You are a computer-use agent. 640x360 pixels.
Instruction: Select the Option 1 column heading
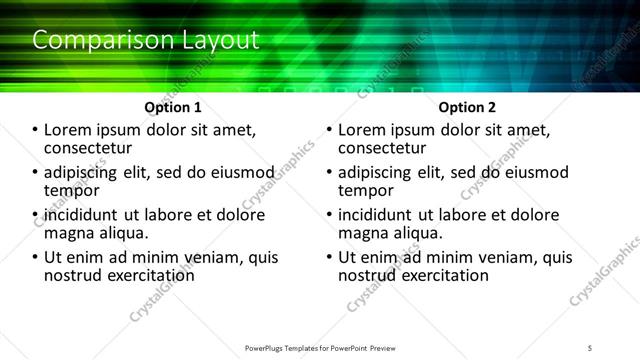172,106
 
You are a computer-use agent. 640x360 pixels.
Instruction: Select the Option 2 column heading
467,106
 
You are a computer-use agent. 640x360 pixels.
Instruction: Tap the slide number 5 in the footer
589,346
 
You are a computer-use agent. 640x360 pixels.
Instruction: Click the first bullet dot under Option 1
36,131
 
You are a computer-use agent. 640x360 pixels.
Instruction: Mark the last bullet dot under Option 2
330,258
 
